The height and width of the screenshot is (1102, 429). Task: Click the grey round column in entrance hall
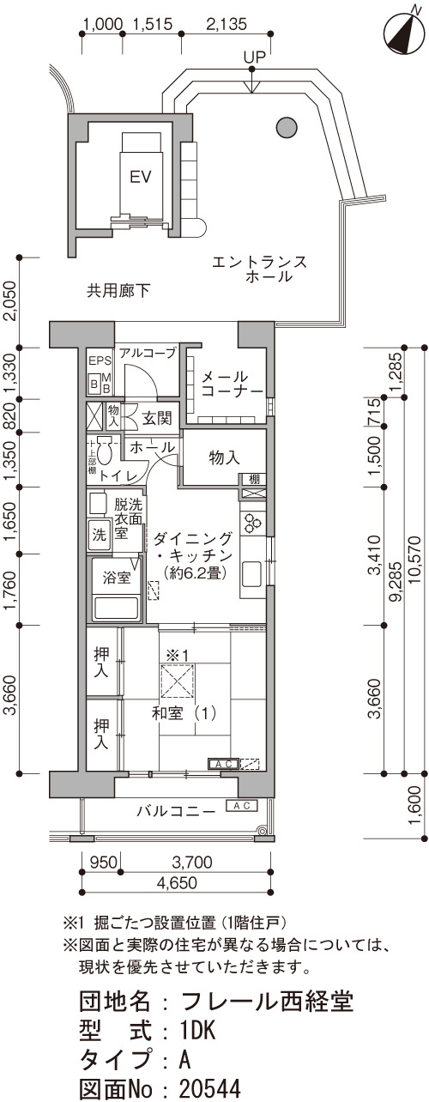(x=287, y=128)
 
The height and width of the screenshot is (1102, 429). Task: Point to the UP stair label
(x=255, y=58)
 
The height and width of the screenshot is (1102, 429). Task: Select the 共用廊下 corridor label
(x=118, y=291)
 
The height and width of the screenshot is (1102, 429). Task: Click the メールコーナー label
(x=232, y=384)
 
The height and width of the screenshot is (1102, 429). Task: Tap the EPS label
(x=100, y=360)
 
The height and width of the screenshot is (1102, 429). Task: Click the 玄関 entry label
(x=157, y=419)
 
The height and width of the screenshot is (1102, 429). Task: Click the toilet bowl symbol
(x=104, y=449)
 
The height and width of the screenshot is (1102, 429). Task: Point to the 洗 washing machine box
(x=100, y=535)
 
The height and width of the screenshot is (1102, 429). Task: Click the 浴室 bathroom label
(x=117, y=578)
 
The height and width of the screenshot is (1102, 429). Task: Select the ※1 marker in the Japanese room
(x=177, y=656)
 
